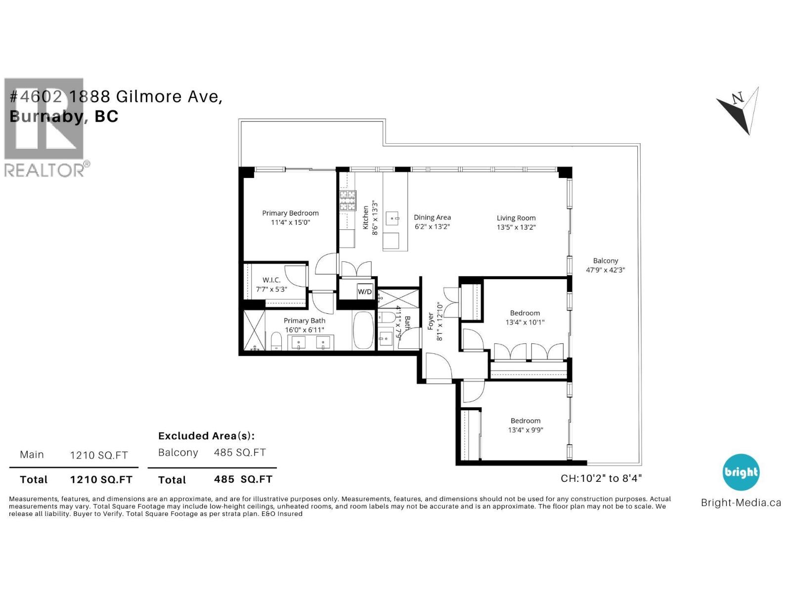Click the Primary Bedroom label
coord(290,213)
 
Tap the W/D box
coord(365,292)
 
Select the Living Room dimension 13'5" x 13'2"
coord(516,227)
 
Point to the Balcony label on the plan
coord(606,260)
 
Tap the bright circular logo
coord(741,472)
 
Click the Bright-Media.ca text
coord(741,503)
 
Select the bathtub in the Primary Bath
coord(364,330)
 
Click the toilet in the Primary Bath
coord(276,341)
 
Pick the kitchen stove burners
coord(347,201)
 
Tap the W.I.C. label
coord(271,280)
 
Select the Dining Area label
coord(432,217)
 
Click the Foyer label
coord(431,321)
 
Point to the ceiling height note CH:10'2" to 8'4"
coord(601,478)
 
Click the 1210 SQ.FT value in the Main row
coord(99,455)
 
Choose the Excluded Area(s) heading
coord(206,436)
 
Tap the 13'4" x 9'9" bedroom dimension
coord(526,430)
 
